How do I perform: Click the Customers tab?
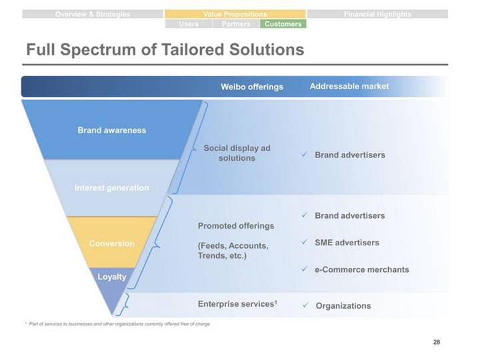pyautogui.click(x=283, y=24)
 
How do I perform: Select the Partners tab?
pyautogui.click(x=235, y=24)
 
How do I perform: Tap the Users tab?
pyautogui.click(x=189, y=24)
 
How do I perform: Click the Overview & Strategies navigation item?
pyautogui.click(x=93, y=14)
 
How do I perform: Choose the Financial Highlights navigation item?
pyautogui.click(x=377, y=14)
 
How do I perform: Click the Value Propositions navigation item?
pyautogui.click(x=235, y=14)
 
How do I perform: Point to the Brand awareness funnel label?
pyautogui.click(x=111, y=130)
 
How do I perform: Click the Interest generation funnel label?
pyautogui.click(x=111, y=188)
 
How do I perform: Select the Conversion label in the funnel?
pyautogui.click(x=111, y=243)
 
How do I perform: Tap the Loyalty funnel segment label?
pyautogui.click(x=112, y=277)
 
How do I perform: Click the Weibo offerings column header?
pyautogui.click(x=252, y=87)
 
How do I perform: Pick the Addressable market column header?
pyautogui.click(x=349, y=86)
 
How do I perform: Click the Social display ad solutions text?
pyautogui.click(x=237, y=153)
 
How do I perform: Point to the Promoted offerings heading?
pyautogui.click(x=236, y=225)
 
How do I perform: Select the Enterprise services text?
pyautogui.click(x=237, y=304)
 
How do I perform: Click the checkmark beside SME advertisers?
pyautogui.click(x=304, y=242)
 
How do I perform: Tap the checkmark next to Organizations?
pyautogui.click(x=304, y=305)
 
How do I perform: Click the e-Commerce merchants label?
pyautogui.click(x=362, y=269)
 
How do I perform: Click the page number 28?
pyautogui.click(x=437, y=342)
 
